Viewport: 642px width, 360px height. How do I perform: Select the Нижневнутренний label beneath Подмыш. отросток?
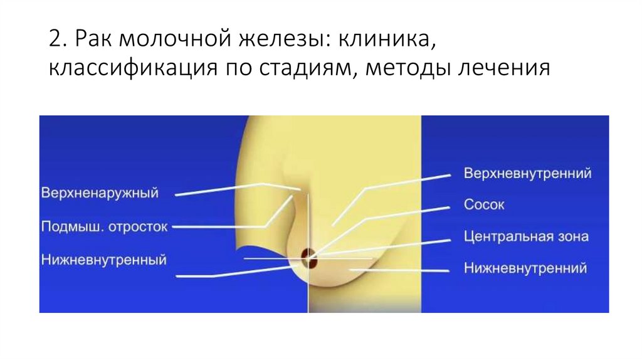pyautogui.click(x=104, y=258)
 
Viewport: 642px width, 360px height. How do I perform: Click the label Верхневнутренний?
pyautogui.click(x=528, y=173)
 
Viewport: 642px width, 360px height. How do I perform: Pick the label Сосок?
pyautogui.click(x=484, y=204)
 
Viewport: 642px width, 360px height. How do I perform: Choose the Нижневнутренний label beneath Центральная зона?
pyautogui.click(x=525, y=268)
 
